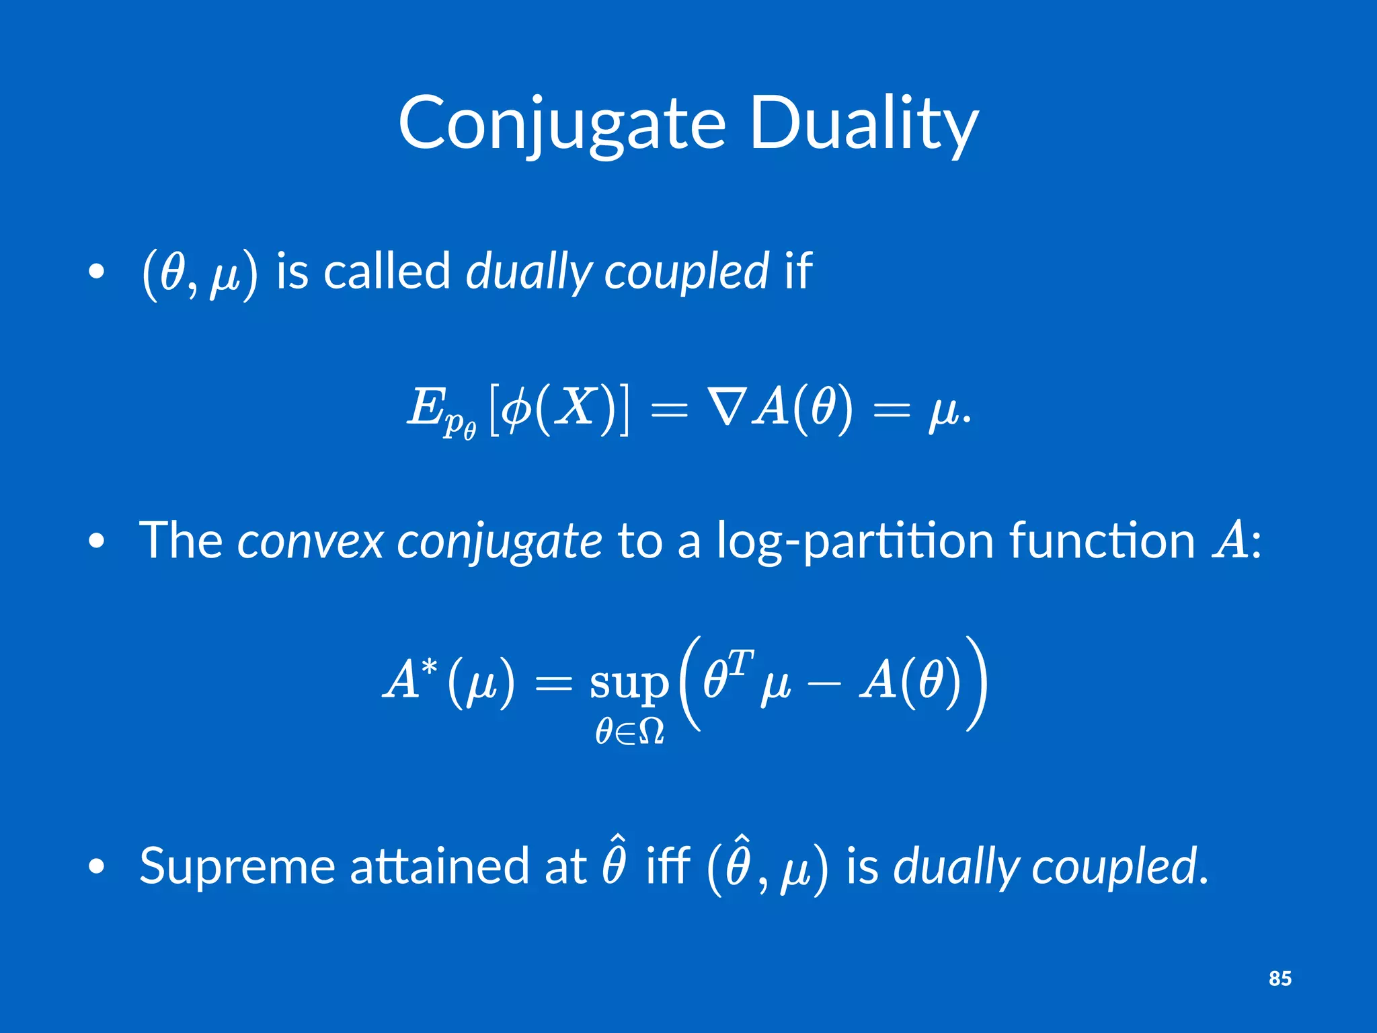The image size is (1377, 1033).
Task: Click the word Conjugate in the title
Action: pyautogui.click(x=561, y=124)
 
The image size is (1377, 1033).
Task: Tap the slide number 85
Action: pyautogui.click(x=1280, y=978)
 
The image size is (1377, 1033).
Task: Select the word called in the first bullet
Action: pyautogui.click(x=386, y=271)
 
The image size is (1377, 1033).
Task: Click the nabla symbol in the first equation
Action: pyautogui.click(x=725, y=408)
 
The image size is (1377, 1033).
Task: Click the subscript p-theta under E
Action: pyautogui.click(x=459, y=425)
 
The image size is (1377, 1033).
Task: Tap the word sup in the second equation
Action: pyautogui.click(x=629, y=683)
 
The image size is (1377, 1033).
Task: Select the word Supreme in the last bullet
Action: pyautogui.click(x=237, y=866)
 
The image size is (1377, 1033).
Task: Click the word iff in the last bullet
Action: pyautogui.click(x=668, y=866)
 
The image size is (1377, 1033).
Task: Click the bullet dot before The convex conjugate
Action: pyautogui.click(x=97, y=541)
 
